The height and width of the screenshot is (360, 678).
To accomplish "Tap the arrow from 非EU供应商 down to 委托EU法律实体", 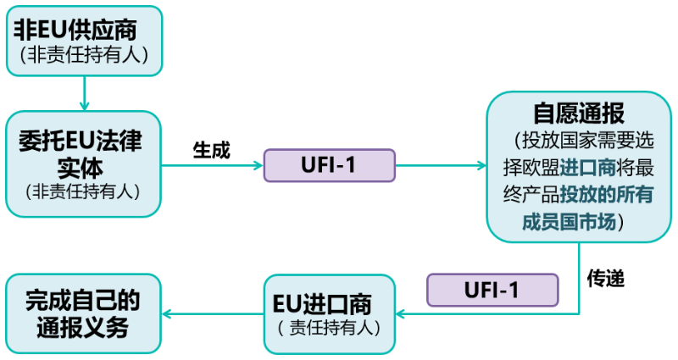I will (85, 93).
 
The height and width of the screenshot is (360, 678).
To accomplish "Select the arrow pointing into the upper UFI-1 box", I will (212, 165).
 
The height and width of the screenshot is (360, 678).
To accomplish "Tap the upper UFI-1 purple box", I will (330, 165).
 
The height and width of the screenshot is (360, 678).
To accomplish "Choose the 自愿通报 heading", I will (579, 113).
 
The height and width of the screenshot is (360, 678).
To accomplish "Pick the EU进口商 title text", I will (329, 302).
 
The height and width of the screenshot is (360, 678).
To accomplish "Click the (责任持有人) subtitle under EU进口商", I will (329, 328).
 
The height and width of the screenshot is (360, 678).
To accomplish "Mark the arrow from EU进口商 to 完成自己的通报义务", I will (212, 313).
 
